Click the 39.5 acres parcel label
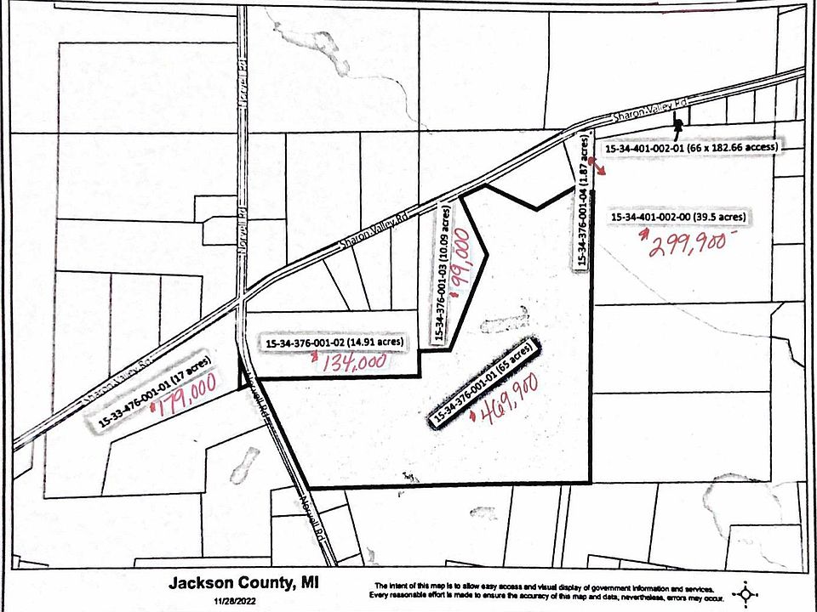point(680,218)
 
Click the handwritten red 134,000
point(353,363)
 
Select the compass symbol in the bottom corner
point(746,592)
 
